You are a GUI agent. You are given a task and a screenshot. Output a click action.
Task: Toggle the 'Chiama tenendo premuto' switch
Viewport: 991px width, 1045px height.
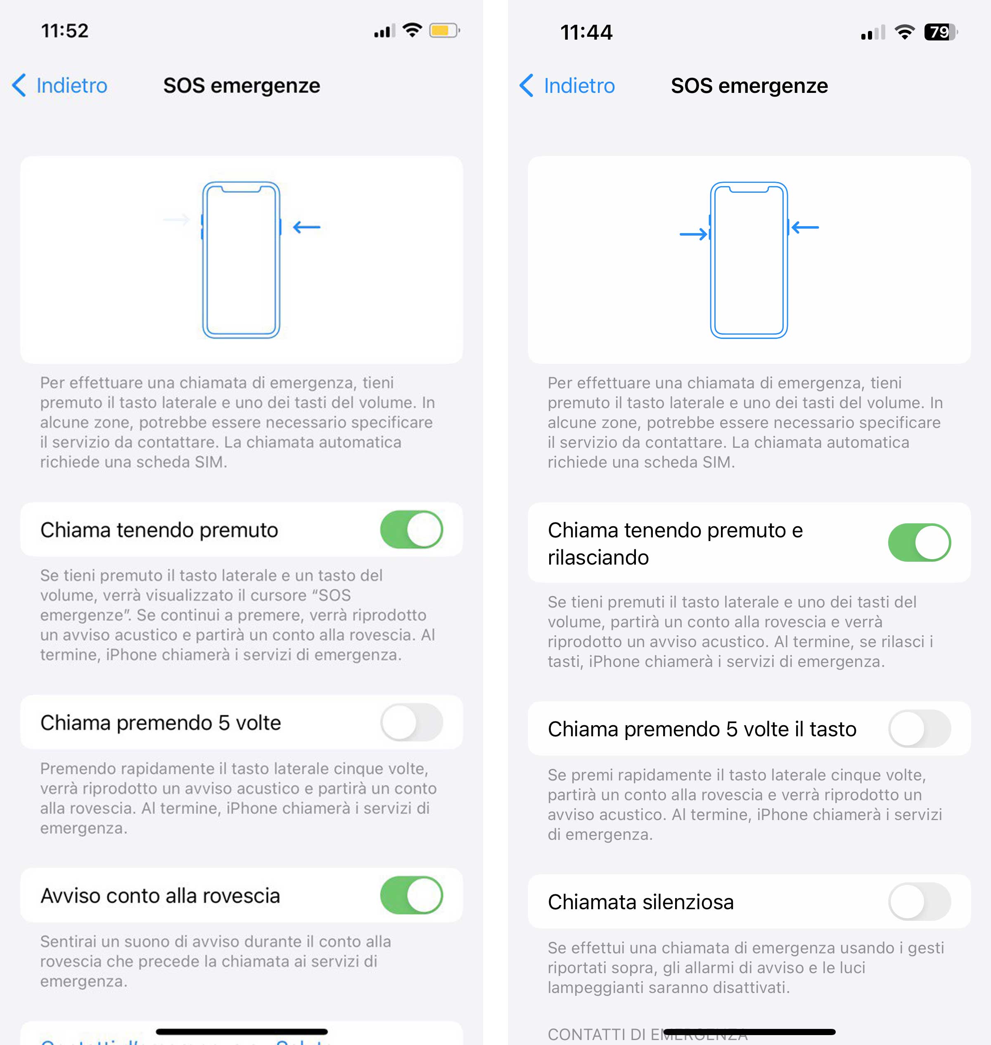pyautogui.click(x=412, y=529)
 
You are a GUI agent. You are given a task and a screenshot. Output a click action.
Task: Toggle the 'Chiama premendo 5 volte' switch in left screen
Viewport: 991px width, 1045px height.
pyautogui.click(x=412, y=722)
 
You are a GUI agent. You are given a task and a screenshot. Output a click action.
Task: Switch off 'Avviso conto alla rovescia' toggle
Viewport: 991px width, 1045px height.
pyautogui.click(x=412, y=895)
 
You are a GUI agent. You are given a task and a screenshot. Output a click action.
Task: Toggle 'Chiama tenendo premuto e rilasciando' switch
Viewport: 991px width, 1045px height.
pyautogui.click(x=919, y=542)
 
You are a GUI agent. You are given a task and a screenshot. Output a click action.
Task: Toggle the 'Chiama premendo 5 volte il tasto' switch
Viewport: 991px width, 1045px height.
pyautogui.click(x=919, y=729)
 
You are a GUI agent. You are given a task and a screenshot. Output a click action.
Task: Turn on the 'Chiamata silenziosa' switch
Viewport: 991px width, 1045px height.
pyautogui.click(x=919, y=901)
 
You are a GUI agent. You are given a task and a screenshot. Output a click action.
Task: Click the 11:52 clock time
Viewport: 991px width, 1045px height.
pyautogui.click(x=65, y=31)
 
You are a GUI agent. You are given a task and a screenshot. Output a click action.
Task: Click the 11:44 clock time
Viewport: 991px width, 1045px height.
pyautogui.click(x=586, y=33)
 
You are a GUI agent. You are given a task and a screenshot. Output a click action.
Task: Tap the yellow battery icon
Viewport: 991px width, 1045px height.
pyautogui.click(x=444, y=31)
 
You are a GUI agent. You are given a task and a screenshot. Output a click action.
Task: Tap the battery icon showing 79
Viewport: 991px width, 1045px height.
pyautogui.click(x=940, y=32)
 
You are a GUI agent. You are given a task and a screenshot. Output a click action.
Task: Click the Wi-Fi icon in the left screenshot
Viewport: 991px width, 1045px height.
pyautogui.click(x=412, y=30)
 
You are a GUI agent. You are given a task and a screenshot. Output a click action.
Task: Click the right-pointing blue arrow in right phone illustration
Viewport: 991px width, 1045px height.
pyautogui.click(x=693, y=234)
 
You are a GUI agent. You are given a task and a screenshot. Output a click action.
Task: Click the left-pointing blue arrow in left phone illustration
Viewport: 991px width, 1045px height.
pyautogui.click(x=307, y=227)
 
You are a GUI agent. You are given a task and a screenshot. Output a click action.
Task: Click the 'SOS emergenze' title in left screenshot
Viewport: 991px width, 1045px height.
pyautogui.click(x=242, y=85)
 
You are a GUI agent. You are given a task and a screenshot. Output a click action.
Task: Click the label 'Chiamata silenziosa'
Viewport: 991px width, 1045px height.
pyautogui.click(x=640, y=902)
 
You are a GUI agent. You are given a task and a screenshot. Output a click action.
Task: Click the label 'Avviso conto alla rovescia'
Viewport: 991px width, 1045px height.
pyautogui.click(x=160, y=896)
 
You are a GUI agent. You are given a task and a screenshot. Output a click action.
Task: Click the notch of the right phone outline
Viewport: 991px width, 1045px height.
pyautogui.click(x=749, y=189)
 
